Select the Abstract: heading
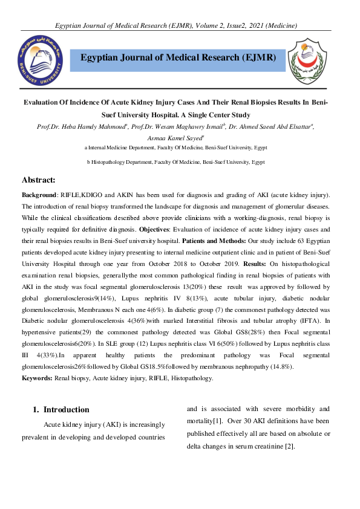[39, 180]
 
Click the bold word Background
[39, 195]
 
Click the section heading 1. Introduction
[61, 409]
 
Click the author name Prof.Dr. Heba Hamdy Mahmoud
[80, 126]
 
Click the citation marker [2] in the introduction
[289, 446]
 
